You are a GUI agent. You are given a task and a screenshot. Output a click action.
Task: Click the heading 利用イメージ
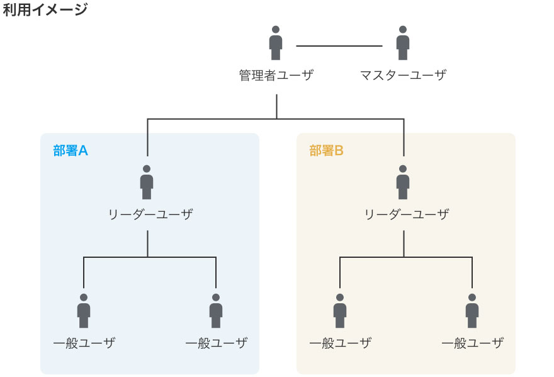45,9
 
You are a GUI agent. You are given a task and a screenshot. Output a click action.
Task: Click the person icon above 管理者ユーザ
276,43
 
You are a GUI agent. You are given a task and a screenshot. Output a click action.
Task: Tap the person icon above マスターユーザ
403,43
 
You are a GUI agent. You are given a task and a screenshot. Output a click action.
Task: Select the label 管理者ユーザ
276,75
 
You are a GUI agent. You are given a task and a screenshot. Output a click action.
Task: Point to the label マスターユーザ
403,75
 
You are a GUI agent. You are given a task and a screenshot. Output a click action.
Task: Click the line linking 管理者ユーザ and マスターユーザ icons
339,46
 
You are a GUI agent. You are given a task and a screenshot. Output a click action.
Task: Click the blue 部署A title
71,151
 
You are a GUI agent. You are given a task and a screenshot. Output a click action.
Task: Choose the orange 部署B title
326,151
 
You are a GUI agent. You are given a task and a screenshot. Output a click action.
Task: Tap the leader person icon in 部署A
147,182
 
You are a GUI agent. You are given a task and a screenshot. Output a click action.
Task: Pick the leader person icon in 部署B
403,182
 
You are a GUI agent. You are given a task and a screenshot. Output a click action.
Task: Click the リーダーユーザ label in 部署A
150,214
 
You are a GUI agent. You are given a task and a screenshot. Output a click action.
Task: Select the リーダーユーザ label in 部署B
407,214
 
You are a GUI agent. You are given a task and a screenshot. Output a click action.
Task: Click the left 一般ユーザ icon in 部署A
84,311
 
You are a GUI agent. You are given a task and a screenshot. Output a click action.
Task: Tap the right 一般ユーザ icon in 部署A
216,311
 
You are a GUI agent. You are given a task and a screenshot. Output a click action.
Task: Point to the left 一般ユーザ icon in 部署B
340,311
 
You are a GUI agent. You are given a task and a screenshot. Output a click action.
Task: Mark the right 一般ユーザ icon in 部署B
472,311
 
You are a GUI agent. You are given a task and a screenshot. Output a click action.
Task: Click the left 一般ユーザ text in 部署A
84,343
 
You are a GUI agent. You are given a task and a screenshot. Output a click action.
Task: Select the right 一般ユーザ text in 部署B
473,343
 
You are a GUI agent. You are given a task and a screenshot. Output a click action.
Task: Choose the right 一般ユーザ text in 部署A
217,343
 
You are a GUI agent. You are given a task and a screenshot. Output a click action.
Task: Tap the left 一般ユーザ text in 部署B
341,343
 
